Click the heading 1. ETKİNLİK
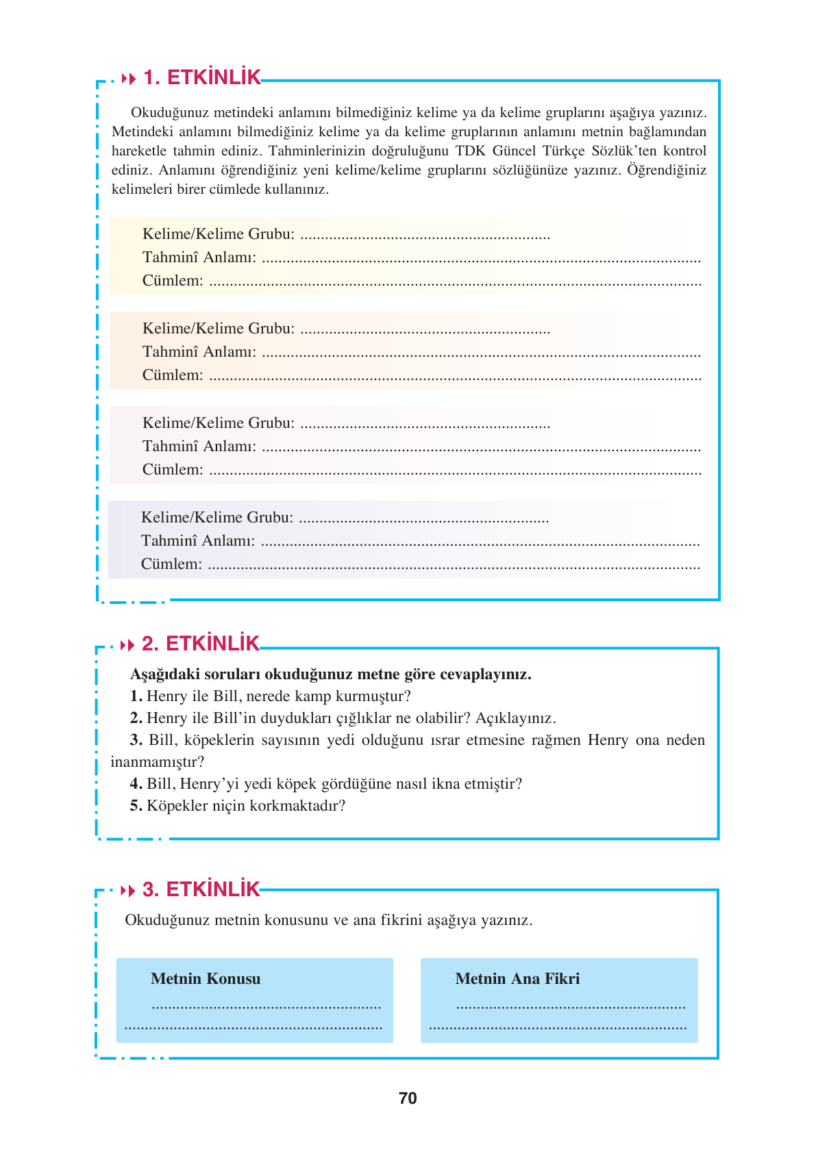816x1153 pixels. pos(202,78)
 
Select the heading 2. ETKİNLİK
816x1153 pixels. pos(201,644)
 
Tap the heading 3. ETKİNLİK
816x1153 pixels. pos(201,889)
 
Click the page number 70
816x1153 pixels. pos(408,1098)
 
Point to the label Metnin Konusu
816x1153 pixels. pos(206,979)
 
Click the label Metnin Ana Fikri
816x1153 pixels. pos(517,979)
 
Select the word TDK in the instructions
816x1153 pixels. pos(470,151)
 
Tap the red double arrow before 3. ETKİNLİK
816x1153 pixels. pos(128,891)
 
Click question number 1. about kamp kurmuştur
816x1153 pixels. pos(136,696)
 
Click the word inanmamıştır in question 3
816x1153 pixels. pos(156,762)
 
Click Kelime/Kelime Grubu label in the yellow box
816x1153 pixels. pos(219,234)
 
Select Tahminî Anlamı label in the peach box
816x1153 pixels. pos(199,352)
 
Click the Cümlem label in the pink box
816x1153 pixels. pos(173,470)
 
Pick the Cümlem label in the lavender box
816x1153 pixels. pos(171,564)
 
